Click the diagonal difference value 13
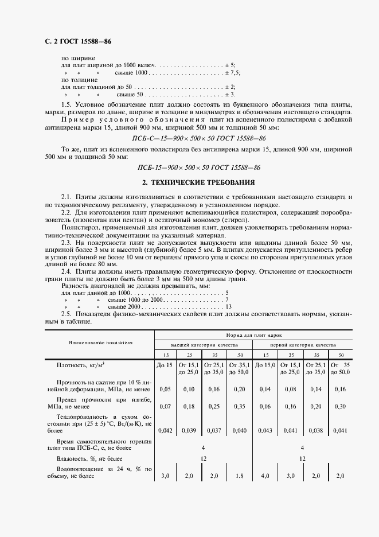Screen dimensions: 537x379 pos(228,308)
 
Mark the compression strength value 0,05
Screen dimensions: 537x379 pos(165,389)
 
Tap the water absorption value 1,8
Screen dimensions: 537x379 pos(240,476)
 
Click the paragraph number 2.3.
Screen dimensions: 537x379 pos(67,243)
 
